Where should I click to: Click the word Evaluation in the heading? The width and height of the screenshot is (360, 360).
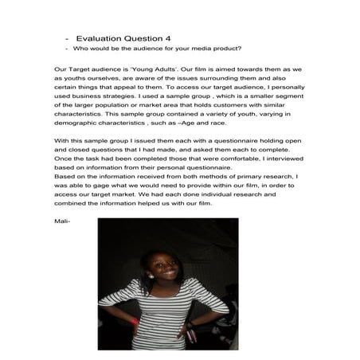(104, 37)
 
